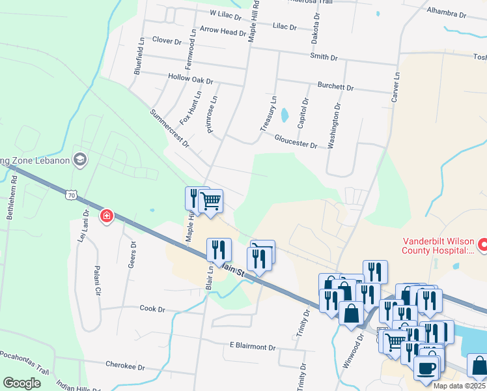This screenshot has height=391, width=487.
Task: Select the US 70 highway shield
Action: click(x=72, y=194)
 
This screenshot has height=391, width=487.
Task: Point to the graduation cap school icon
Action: click(x=80, y=159)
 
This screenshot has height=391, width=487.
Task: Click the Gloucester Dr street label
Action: click(x=296, y=141)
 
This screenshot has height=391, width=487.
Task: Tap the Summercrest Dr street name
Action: click(x=169, y=128)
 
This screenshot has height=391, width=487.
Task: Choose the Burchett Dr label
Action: click(x=335, y=86)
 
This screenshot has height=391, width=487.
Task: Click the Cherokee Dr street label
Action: click(x=125, y=366)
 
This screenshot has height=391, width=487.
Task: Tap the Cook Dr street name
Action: click(x=152, y=308)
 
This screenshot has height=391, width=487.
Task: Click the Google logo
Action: click(x=22, y=383)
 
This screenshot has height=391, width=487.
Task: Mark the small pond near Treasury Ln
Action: click(x=285, y=116)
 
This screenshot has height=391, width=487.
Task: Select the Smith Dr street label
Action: click(x=324, y=57)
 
